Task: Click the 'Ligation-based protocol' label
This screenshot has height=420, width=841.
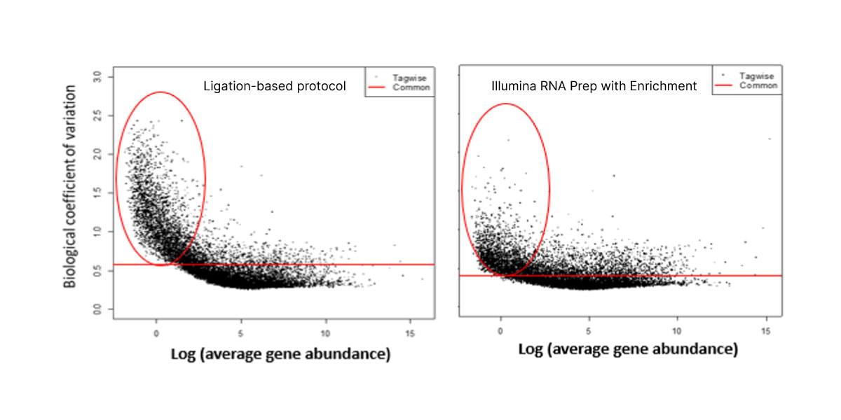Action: point(275,86)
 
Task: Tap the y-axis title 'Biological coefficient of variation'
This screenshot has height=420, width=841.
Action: point(71,186)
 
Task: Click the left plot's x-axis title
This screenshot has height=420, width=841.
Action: point(280,354)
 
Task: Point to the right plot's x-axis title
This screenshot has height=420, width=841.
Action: point(627,349)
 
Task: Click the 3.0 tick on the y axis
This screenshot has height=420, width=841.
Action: point(98,76)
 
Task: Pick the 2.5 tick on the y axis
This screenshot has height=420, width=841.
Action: point(98,114)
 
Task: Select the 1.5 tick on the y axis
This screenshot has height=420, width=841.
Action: point(98,192)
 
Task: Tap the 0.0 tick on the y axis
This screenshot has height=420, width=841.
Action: point(98,308)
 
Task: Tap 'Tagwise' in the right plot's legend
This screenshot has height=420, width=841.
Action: point(757,76)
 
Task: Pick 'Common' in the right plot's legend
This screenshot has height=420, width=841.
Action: point(758,85)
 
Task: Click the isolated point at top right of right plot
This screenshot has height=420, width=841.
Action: point(769,139)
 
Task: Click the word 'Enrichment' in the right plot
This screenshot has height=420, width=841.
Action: point(666,86)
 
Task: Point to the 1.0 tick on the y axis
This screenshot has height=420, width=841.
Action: point(98,230)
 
